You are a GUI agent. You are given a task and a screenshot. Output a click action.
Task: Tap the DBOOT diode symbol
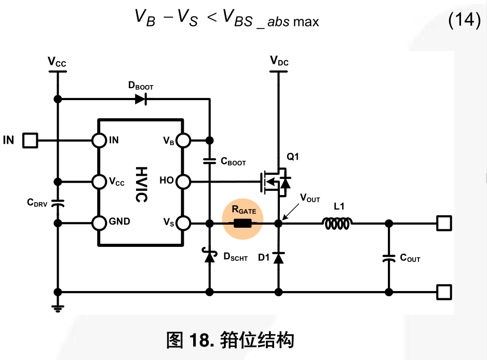[141, 99]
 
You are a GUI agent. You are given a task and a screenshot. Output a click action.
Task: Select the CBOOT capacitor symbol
[210, 161]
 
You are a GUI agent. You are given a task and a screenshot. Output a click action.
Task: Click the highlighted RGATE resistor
[243, 224]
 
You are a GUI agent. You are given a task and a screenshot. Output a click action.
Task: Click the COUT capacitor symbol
[388, 258]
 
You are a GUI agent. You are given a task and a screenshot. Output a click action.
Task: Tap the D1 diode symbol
[278, 257]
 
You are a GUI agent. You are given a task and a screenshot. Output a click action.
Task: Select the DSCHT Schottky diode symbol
[210, 256]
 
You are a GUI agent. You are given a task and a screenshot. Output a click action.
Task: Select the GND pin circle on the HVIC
[99, 224]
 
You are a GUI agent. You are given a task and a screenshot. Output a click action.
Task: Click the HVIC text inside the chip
[140, 185]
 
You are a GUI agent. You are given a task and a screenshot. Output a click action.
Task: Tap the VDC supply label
[279, 62]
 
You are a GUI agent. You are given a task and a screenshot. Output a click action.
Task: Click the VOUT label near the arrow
[310, 199]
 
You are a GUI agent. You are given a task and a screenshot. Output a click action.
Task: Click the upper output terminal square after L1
[443, 224]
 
